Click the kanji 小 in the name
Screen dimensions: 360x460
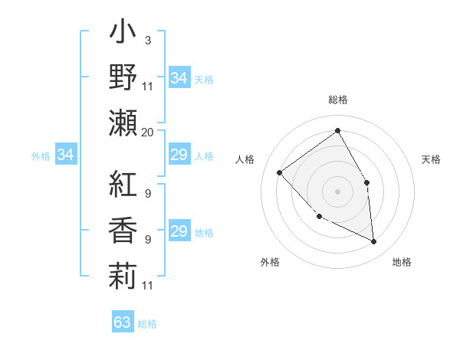tap(123, 34)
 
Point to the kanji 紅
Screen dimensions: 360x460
tap(123, 187)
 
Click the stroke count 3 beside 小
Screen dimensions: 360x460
tap(147, 40)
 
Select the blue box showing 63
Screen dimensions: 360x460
tap(123, 322)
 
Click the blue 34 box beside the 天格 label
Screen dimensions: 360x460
tap(179, 77)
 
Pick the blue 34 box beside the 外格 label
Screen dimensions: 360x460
tap(66, 155)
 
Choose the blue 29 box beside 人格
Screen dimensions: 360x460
tap(179, 155)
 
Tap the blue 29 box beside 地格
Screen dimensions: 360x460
tap(179, 231)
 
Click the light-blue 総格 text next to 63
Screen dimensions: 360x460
tap(147, 324)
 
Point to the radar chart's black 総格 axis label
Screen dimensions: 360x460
tap(337, 100)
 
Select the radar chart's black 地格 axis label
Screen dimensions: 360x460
tap(402, 262)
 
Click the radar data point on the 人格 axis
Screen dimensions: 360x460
tap(280, 172)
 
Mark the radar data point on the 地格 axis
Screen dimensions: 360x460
tap(373, 241)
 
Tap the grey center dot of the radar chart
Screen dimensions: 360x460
tap(337, 191)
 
